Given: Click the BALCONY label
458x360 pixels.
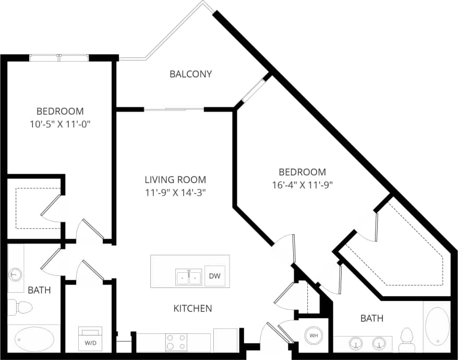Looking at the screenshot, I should (x=191, y=74).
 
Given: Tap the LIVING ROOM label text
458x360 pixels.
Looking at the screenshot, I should (x=175, y=179).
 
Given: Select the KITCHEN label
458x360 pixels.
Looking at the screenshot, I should (x=192, y=308).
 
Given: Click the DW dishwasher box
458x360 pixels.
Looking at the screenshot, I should (x=214, y=275).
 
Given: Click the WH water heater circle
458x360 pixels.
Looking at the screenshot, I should (x=314, y=335).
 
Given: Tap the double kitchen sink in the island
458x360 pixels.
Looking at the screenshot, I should (x=188, y=277).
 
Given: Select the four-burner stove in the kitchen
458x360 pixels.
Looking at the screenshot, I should (x=176, y=342).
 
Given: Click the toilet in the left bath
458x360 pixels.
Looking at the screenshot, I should (x=20, y=307).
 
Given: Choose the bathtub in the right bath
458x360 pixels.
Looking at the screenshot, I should (x=437, y=325).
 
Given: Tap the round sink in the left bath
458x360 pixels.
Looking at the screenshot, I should (x=16, y=273).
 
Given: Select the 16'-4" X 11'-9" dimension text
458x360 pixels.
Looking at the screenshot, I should (x=302, y=184).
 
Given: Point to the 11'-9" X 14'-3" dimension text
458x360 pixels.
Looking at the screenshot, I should (x=175, y=192).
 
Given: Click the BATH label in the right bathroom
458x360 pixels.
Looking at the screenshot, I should (x=372, y=318).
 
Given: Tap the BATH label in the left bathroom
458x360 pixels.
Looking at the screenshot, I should (x=39, y=290).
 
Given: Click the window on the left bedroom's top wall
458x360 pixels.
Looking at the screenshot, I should (x=59, y=58).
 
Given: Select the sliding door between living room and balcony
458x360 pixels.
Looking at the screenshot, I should (x=174, y=110).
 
